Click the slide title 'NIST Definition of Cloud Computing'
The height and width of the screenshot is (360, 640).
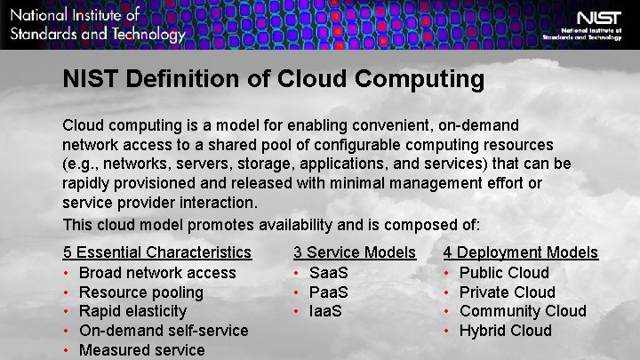[x=273, y=80]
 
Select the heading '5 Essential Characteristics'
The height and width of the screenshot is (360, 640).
[x=156, y=253]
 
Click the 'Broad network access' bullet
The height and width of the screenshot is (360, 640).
[x=157, y=273]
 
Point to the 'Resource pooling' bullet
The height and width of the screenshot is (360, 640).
[x=140, y=292]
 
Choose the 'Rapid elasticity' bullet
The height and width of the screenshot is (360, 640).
[x=132, y=311]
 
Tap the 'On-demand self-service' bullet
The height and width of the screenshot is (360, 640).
[x=164, y=331]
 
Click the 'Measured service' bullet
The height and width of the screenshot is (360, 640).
[x=141, y=350]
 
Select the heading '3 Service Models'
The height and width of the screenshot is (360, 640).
[x=354, y=253]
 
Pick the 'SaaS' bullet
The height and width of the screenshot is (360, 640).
[x=328, y=273]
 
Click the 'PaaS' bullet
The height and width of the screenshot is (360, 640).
[x=328, y=292]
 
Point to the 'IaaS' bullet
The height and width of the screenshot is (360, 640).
[x=326, y=311]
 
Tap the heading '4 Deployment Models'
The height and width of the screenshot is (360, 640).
[x=521, y=253]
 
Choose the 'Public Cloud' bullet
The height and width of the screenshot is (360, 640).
[x=504, y=273]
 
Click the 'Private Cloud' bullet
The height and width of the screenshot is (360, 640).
[x=507, y=292]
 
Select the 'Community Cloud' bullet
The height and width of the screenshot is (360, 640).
[x=523, y=311]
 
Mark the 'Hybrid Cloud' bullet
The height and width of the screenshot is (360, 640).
[x=505, y=331]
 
